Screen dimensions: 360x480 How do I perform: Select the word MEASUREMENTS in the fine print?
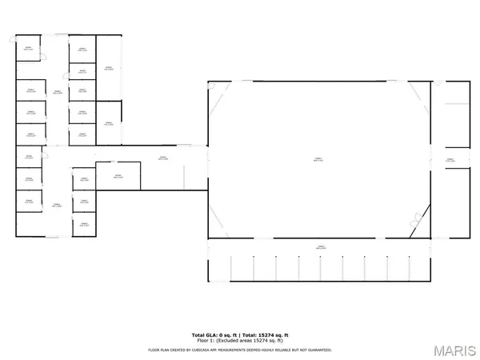(x=238, y=350)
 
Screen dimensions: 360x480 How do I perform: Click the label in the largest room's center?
(x=318, y=159)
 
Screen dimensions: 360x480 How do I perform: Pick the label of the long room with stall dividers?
(x=319, y=247)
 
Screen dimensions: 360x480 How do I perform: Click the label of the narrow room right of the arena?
(x=450, y=160)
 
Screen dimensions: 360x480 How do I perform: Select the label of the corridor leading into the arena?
(x=162, y=157)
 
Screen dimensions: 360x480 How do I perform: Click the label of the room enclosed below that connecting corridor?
(x=117, y=177)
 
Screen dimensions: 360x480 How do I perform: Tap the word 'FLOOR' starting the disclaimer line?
(x=154, y=350)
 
